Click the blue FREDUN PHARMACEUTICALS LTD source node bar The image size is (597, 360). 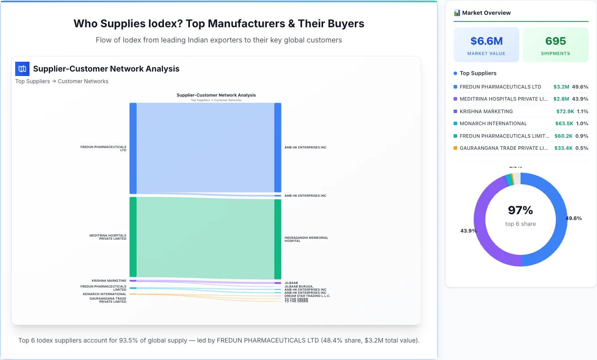(133, 148)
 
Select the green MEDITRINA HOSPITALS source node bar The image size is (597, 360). (133, 237)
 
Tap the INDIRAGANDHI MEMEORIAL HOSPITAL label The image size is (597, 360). (306, 239)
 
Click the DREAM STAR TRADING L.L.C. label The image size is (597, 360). (307, 296)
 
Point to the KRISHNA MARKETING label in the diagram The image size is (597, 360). (109, 281)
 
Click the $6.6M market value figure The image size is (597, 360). (486, 41)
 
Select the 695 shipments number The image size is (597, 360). (555, 41)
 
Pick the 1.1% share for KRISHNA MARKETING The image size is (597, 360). (582, 111)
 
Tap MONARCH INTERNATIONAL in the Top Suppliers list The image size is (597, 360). (493, 123)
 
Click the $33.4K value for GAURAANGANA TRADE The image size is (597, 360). (563, 148)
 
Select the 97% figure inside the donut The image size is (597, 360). (521, 210)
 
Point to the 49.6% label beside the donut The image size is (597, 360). (573, 218)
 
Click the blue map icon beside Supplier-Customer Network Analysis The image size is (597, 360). (22, 69)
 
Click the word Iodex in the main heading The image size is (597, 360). (167, 24)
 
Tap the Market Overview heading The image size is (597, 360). (486, 13)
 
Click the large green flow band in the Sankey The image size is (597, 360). (206, 238)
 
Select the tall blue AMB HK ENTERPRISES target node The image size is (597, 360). (277, 148)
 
